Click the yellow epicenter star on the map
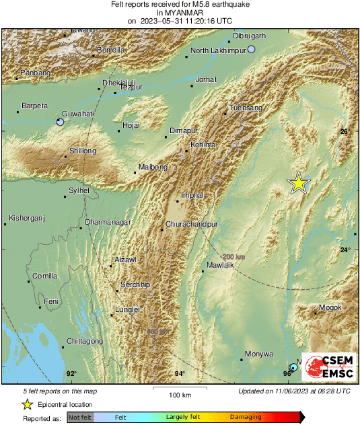[298, 183]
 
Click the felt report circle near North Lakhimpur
[252, 49]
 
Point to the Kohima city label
[203, 145]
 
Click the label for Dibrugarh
[250, 36]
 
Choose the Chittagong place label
[85, 342]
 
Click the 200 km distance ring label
[233, 257]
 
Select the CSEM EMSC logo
[325, 368]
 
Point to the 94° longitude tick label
[180, 374]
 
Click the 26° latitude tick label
[345, 132]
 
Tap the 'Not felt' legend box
[80, 418]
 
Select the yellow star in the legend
[27, 404]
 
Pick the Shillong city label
[83, 151]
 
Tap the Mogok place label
[330, 308]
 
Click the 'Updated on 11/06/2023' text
[294, 391]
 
